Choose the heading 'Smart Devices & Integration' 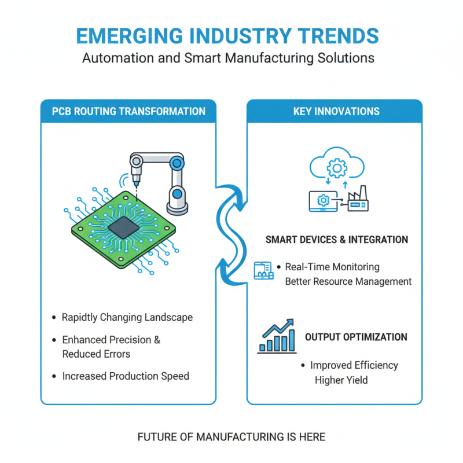[x=336, y=240]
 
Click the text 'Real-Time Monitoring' [x=332, y=267]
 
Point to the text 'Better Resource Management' [x=348, y=282]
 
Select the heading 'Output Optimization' [x=356, y=337]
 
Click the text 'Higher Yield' [x=341, y=380]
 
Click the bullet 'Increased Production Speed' [x=126, y=376]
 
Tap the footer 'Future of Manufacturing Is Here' [x=231, y=437]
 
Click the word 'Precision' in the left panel [x=126, y=340]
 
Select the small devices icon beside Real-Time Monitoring [x=263, y=270]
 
